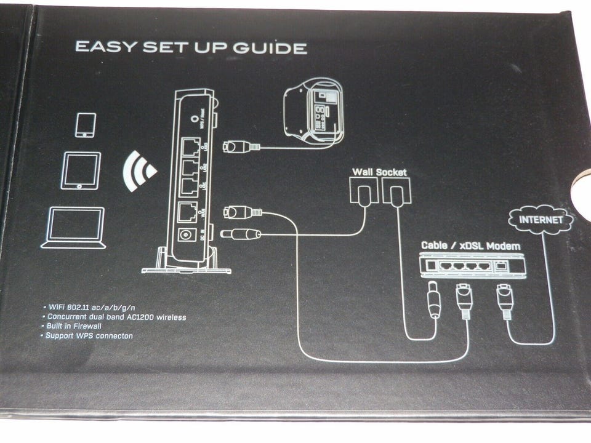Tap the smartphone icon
[x=85, y=124]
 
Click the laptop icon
[x=73, y=228]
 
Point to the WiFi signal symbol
[x=140, y=170]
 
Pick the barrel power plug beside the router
[x=240, y=233]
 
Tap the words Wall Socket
[x=379, y=172]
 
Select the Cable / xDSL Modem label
[x=470, y=245]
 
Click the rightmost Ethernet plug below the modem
[x=505, y=301]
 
